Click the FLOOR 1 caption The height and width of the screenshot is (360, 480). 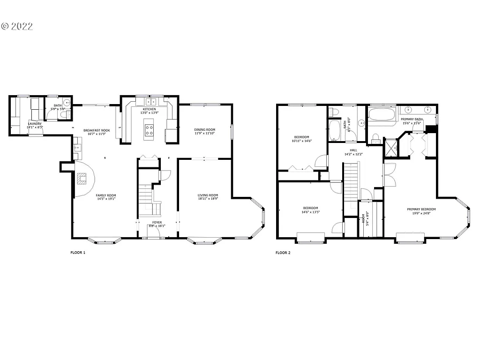[78, 253]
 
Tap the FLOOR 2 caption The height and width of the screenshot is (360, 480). [283, 253]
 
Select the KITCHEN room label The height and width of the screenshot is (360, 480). [149, 109]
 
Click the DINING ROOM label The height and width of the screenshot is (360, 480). [205, 129]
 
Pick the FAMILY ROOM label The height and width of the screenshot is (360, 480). [106, 195]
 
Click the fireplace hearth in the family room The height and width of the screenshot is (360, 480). [82, 178]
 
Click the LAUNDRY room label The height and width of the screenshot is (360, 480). [34, 124]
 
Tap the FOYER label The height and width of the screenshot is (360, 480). [157, 222]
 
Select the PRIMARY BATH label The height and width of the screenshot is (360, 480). [412, 119]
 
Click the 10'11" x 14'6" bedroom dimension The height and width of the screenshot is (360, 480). [301, 141]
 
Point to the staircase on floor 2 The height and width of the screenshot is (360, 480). [351, 183]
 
